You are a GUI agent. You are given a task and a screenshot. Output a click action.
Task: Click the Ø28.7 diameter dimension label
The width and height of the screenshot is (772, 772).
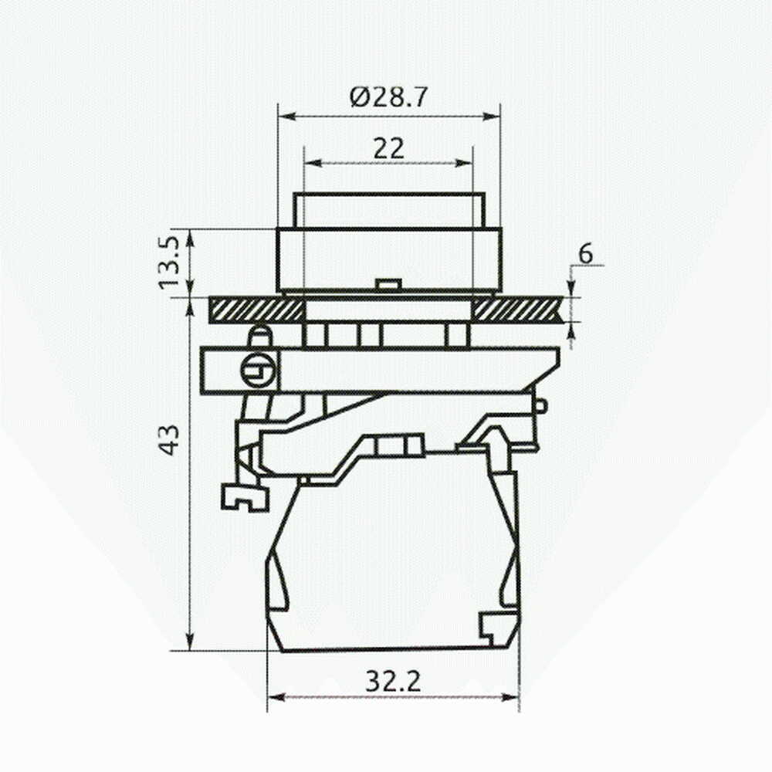388,97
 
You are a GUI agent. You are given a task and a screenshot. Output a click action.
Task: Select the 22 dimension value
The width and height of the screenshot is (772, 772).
388,147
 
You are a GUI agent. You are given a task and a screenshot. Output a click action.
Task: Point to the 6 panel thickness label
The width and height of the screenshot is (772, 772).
586,255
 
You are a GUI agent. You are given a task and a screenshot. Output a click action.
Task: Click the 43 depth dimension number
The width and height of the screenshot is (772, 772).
169,439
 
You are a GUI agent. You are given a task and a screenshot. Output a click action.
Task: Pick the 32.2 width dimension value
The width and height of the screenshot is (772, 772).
393,682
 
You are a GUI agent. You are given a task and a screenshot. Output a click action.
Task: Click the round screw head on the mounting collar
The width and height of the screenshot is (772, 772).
257,371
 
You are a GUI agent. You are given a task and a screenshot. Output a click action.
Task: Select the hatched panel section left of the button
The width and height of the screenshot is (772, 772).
256,310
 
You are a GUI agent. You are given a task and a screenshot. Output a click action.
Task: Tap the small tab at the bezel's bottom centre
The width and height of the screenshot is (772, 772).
387,284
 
